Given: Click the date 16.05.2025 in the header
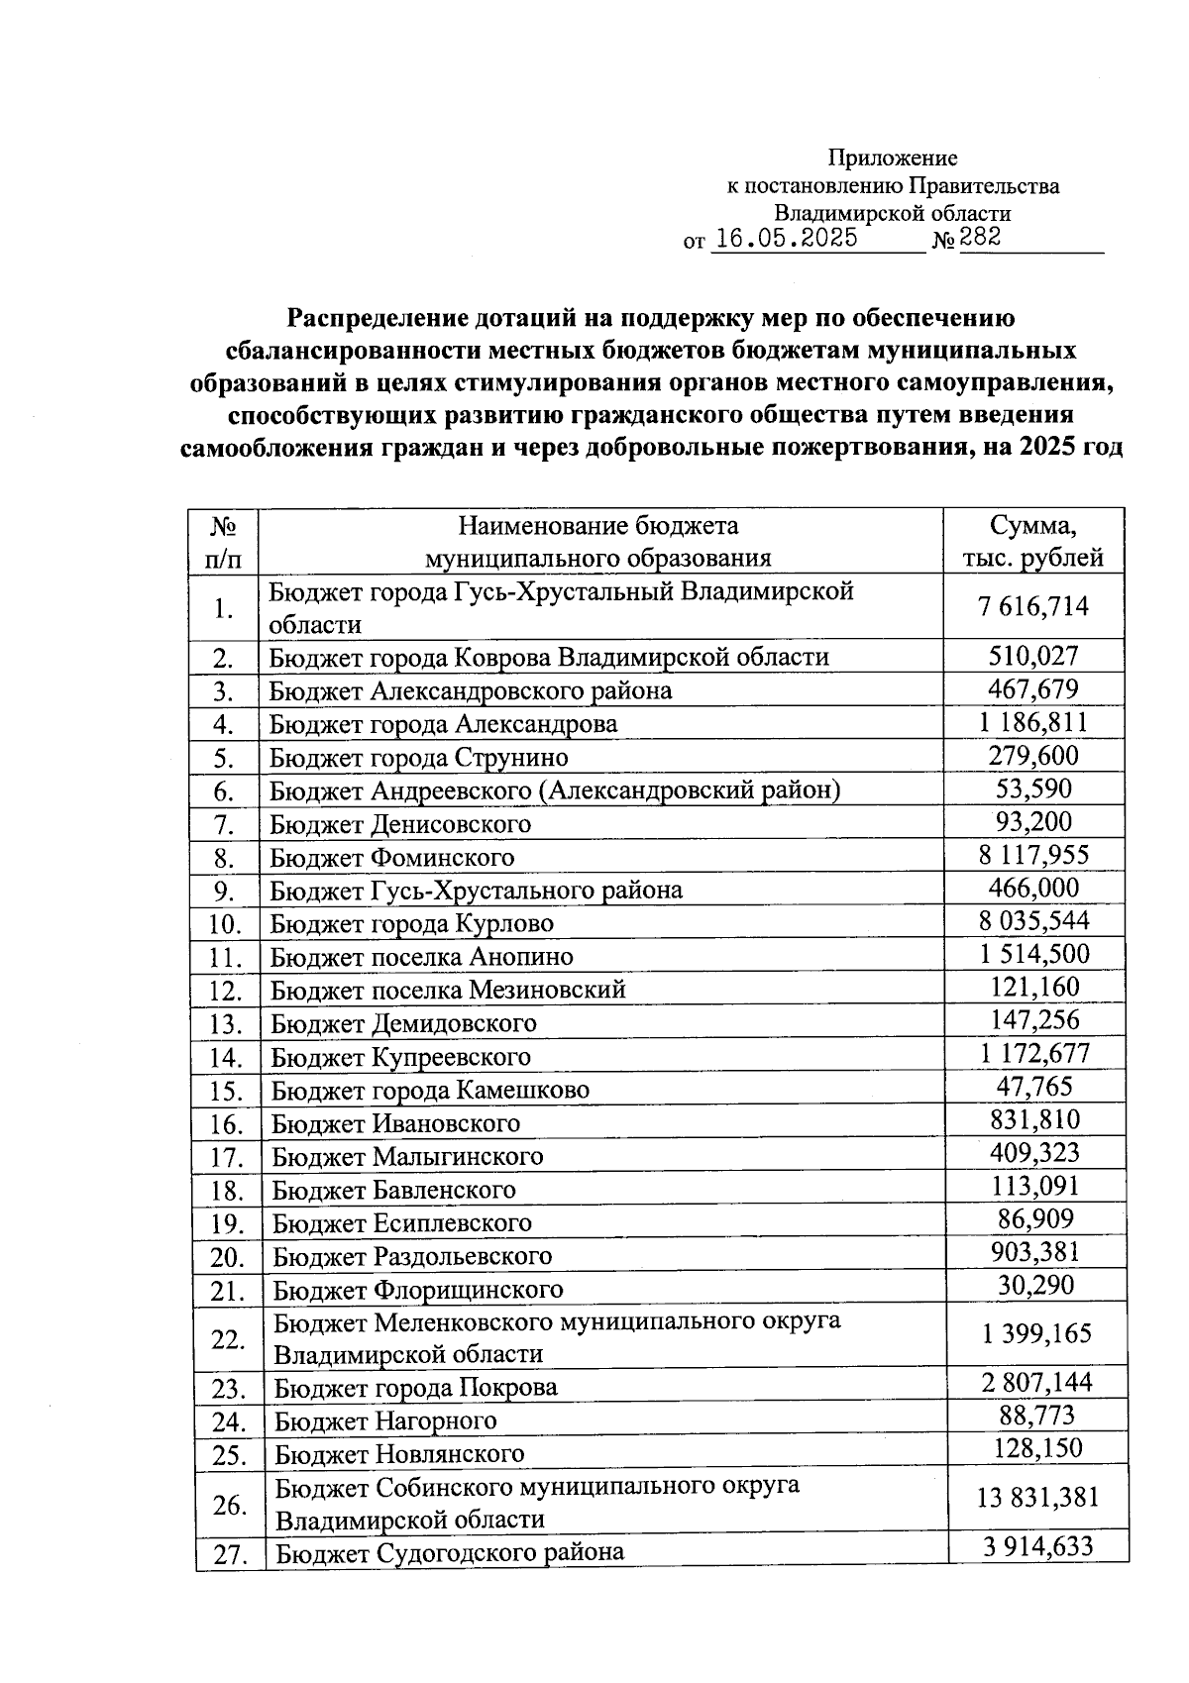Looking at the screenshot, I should click(x=786, y=238).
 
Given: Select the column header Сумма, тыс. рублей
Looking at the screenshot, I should click(x=1033, y=541).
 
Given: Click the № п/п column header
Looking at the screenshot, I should click(x=223, y=541).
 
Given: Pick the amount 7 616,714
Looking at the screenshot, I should click(x=1033, y=606).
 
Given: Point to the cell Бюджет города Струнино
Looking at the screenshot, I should click(x=419, y=758).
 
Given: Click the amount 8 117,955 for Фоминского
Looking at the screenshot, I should click(x=1033, y=855).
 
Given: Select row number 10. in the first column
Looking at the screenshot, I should click(x=226, y=924).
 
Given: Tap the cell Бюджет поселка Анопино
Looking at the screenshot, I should click(x=422, y=957).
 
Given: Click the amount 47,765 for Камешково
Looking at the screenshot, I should click(x=1033, y=1087).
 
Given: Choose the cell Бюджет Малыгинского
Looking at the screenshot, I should click(x=407, y=1156).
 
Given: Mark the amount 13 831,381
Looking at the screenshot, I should click(x=1037, y=1497).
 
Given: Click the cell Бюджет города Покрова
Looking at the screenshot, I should click(x=416, y=1388).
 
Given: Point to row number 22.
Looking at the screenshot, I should click(x=228, y=1339).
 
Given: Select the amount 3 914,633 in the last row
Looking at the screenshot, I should click(x=1037, y=1545).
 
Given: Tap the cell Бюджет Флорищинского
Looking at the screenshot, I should click(x=418, y=1290).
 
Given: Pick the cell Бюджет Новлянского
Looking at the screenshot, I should click(x=399, y=1454).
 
